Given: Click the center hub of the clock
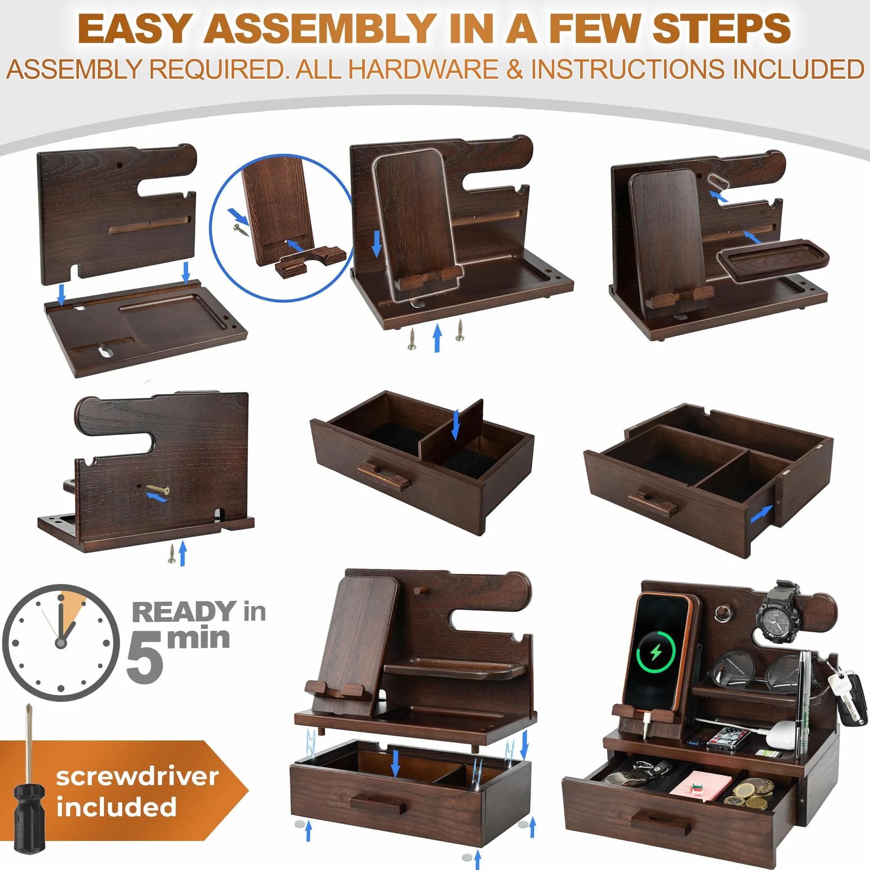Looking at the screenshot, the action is [61, 643].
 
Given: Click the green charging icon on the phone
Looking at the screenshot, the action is [656, 652].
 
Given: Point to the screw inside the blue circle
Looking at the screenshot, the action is [241, 230].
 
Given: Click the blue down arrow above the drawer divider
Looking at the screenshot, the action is [456, 424].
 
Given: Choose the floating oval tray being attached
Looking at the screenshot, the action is [773, 260].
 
